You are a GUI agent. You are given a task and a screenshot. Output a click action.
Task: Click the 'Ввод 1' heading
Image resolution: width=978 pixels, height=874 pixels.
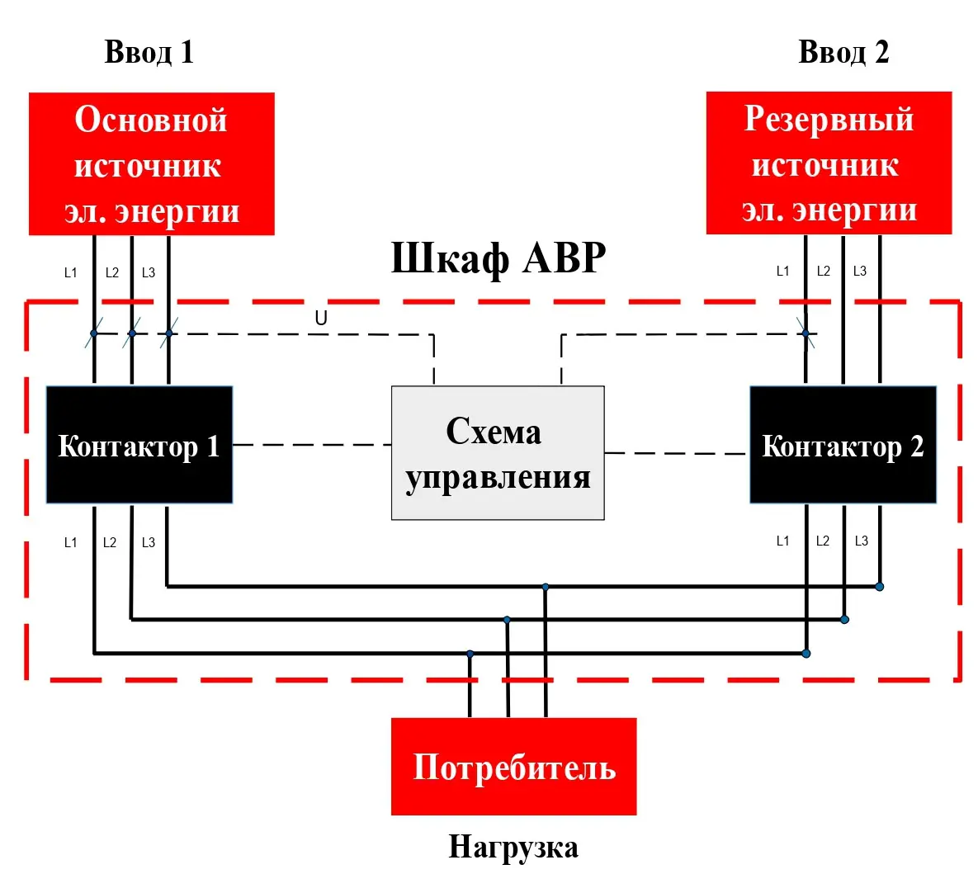click(149, 52)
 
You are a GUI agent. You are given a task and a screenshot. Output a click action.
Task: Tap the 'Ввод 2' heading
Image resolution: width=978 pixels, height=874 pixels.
click(843, 52)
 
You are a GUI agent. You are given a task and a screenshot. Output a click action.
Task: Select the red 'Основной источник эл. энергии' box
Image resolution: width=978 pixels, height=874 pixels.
click(151, 164)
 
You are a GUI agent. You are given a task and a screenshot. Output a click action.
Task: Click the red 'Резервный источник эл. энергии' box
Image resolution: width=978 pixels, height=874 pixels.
click(829, 163)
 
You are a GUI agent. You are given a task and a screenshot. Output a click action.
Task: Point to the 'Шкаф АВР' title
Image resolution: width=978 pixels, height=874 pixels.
click(498, 258)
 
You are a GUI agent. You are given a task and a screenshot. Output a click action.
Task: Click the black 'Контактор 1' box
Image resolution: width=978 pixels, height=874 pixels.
click(139, 446)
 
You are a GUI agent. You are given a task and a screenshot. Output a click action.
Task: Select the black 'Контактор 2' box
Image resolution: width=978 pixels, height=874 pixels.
click(843, 446)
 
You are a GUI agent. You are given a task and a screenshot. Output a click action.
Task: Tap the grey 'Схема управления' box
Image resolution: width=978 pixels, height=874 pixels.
click(498, 453)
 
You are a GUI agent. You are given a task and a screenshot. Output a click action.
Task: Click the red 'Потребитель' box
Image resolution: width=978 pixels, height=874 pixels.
click(513, 767)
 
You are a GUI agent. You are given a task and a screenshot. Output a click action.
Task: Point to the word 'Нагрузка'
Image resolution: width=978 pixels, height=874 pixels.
click(513, 847)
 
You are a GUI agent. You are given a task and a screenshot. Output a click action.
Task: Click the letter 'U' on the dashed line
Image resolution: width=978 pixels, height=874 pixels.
click(321, 319)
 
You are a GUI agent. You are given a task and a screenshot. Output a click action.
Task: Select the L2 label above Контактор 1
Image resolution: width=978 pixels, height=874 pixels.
click(112, 273)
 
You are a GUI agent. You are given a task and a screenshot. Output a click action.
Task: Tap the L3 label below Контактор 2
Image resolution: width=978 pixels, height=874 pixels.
click(861, 541)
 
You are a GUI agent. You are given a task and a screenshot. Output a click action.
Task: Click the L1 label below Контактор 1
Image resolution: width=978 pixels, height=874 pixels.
click(71, 543)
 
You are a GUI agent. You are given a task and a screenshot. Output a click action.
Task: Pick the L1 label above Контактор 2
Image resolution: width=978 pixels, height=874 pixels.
click(783, 272)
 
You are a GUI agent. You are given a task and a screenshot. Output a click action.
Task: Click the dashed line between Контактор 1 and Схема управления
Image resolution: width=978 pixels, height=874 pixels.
click(312, 445)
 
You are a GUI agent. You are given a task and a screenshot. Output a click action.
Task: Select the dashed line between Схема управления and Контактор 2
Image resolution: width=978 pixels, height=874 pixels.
click(677, 453)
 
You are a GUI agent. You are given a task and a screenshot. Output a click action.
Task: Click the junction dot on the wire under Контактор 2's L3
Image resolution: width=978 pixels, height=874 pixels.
click(880, 587)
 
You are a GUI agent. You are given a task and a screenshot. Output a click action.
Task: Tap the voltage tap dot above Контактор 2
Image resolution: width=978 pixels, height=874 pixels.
click(806, 333)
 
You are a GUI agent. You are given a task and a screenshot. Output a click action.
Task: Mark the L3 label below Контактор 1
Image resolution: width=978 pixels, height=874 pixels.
click(149, 543)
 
